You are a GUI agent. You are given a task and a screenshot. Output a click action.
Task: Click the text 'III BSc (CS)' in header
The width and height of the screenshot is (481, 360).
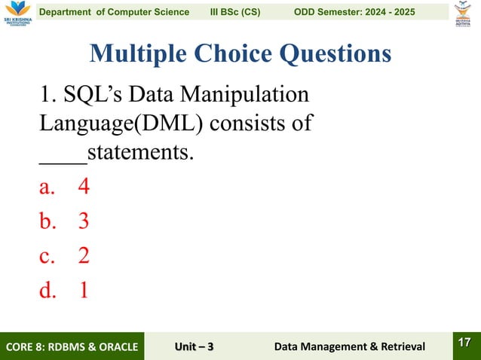[235, 13]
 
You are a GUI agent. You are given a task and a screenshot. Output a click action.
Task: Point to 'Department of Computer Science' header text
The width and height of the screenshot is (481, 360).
[114, 13]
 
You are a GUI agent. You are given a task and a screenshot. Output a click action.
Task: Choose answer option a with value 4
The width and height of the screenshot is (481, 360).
[65, 186]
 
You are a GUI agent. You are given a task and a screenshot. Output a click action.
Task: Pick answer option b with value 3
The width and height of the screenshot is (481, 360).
[65, 221]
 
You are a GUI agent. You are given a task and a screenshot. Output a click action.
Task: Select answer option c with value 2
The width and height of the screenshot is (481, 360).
[65, 255]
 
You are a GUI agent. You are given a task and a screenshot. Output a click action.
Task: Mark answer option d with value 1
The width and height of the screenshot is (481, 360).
[65, 290]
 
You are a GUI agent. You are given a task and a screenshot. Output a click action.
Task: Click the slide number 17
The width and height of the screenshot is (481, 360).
[464, 343]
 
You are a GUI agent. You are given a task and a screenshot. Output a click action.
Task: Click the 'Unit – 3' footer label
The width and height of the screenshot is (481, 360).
[194, 346]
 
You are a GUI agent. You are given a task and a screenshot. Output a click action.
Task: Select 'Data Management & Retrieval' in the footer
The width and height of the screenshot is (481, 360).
[349, 346]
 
